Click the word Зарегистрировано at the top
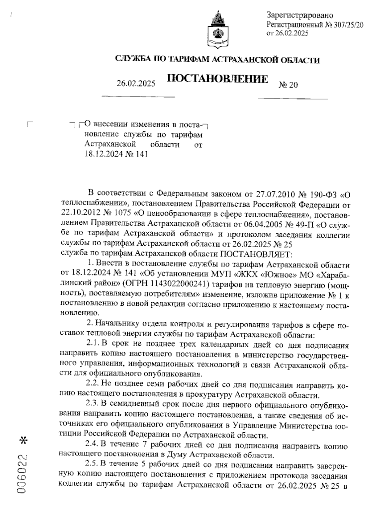(300, 15)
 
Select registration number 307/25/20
(348, 24)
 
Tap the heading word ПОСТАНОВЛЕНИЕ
(217, 79)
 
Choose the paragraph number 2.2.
(92, 385)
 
